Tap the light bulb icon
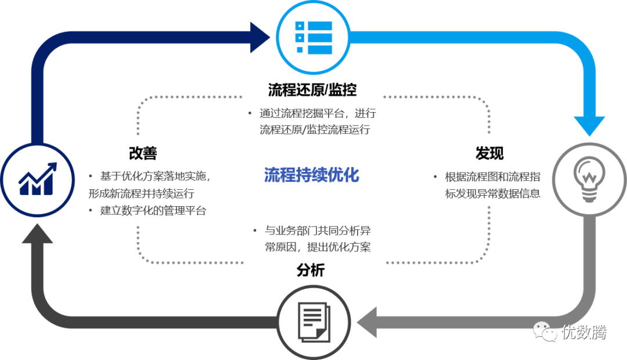coord(588,177)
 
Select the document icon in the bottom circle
coord(313,321)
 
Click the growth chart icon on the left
coord(38,177)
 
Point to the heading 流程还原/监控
coord(312,90)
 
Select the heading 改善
coord(143,153)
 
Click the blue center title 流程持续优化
coord(312,175)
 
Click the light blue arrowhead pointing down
coord(589,125)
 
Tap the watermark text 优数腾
coord(583,333)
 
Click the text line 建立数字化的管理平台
coord(153,211)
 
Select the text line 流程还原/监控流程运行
coord(315,129)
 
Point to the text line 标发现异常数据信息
coord(493,193)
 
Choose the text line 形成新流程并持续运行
coord(141,193)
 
